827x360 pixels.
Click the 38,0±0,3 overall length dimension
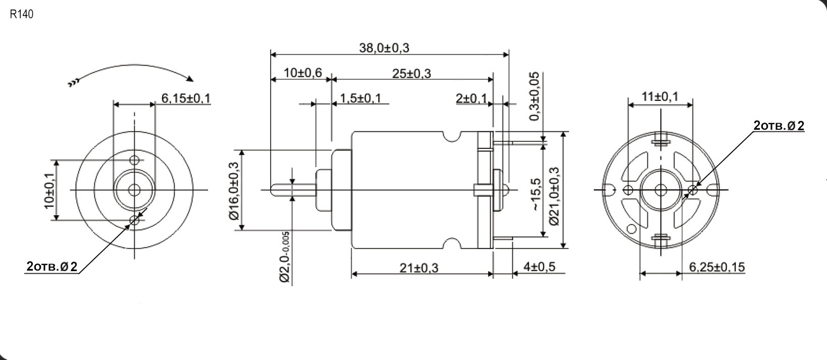coord(384,48)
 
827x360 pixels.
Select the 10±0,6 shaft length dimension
coord(302,73)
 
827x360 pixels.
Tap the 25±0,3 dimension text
coord(411,74)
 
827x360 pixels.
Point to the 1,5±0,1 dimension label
coord(360,98)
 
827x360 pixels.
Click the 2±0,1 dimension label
coord(471,98)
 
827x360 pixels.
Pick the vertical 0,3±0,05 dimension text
coord(534,96)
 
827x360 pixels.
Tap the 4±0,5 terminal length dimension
coord(538,266)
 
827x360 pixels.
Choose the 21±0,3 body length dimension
coord(419,268)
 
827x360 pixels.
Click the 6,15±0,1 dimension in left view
coord(185,98)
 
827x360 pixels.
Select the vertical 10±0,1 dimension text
coord(49,190)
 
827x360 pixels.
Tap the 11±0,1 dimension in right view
coord(660,96)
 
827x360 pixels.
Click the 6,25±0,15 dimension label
coord(717,267)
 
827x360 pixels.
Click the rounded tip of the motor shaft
coord(273,190)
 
